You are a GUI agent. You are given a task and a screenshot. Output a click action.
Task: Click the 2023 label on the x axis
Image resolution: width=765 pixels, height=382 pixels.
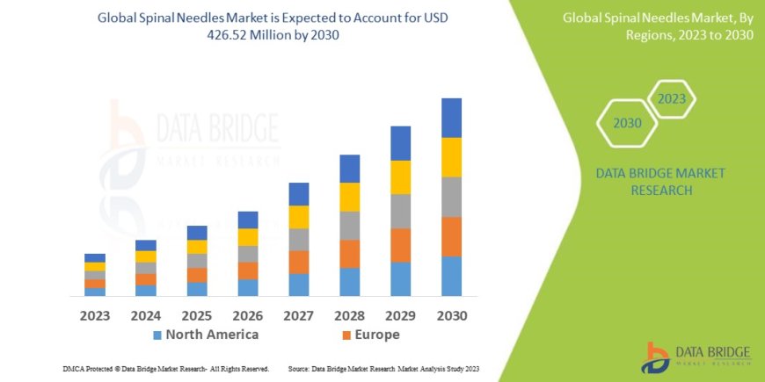tap(95, 315)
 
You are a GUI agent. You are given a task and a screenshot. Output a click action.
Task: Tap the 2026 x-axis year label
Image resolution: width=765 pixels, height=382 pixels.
tap(248, 315)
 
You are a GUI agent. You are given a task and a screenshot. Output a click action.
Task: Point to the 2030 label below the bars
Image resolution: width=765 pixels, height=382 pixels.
tap(451, 315)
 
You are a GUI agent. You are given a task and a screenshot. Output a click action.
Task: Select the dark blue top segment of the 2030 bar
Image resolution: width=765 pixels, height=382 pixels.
tap(451, 118)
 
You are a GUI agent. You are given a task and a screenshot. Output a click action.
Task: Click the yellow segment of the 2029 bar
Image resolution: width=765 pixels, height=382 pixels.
tap(401, 177)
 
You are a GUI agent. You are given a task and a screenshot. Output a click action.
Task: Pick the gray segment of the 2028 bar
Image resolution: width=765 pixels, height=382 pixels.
tap(350, 226)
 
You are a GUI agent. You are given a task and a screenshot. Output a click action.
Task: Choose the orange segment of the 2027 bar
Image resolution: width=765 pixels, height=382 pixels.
tap(299, 262)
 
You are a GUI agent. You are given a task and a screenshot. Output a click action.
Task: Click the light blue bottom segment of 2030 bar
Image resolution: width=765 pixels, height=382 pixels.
tap(451, 276)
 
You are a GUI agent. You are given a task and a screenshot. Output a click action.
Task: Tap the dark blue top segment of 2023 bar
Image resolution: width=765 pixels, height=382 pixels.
tap(95, 257)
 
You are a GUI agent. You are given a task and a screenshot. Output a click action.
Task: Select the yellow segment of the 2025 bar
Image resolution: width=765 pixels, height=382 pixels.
tap(197, 247)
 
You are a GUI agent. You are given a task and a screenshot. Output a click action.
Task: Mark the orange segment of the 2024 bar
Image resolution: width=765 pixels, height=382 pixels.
tap(146, 279)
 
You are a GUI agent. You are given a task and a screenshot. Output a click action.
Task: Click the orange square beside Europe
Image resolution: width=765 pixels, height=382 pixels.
tap(346, 335)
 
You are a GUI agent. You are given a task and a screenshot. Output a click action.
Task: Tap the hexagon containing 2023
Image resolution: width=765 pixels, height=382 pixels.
tap(672, 99)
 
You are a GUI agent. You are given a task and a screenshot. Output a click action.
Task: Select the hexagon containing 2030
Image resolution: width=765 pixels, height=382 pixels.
tap(627, 123)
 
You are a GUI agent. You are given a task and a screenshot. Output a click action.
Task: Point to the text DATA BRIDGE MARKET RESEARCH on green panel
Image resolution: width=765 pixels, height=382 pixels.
tap(660, 181)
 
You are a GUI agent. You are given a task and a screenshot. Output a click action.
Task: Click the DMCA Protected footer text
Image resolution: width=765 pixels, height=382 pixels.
tap(166, 368)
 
